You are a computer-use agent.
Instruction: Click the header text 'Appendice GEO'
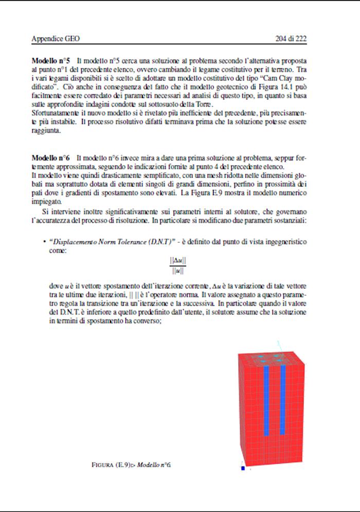coord(56,38)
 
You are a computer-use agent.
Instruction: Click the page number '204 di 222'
coord(291,38)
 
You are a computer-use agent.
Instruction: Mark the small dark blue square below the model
coord(243,468)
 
